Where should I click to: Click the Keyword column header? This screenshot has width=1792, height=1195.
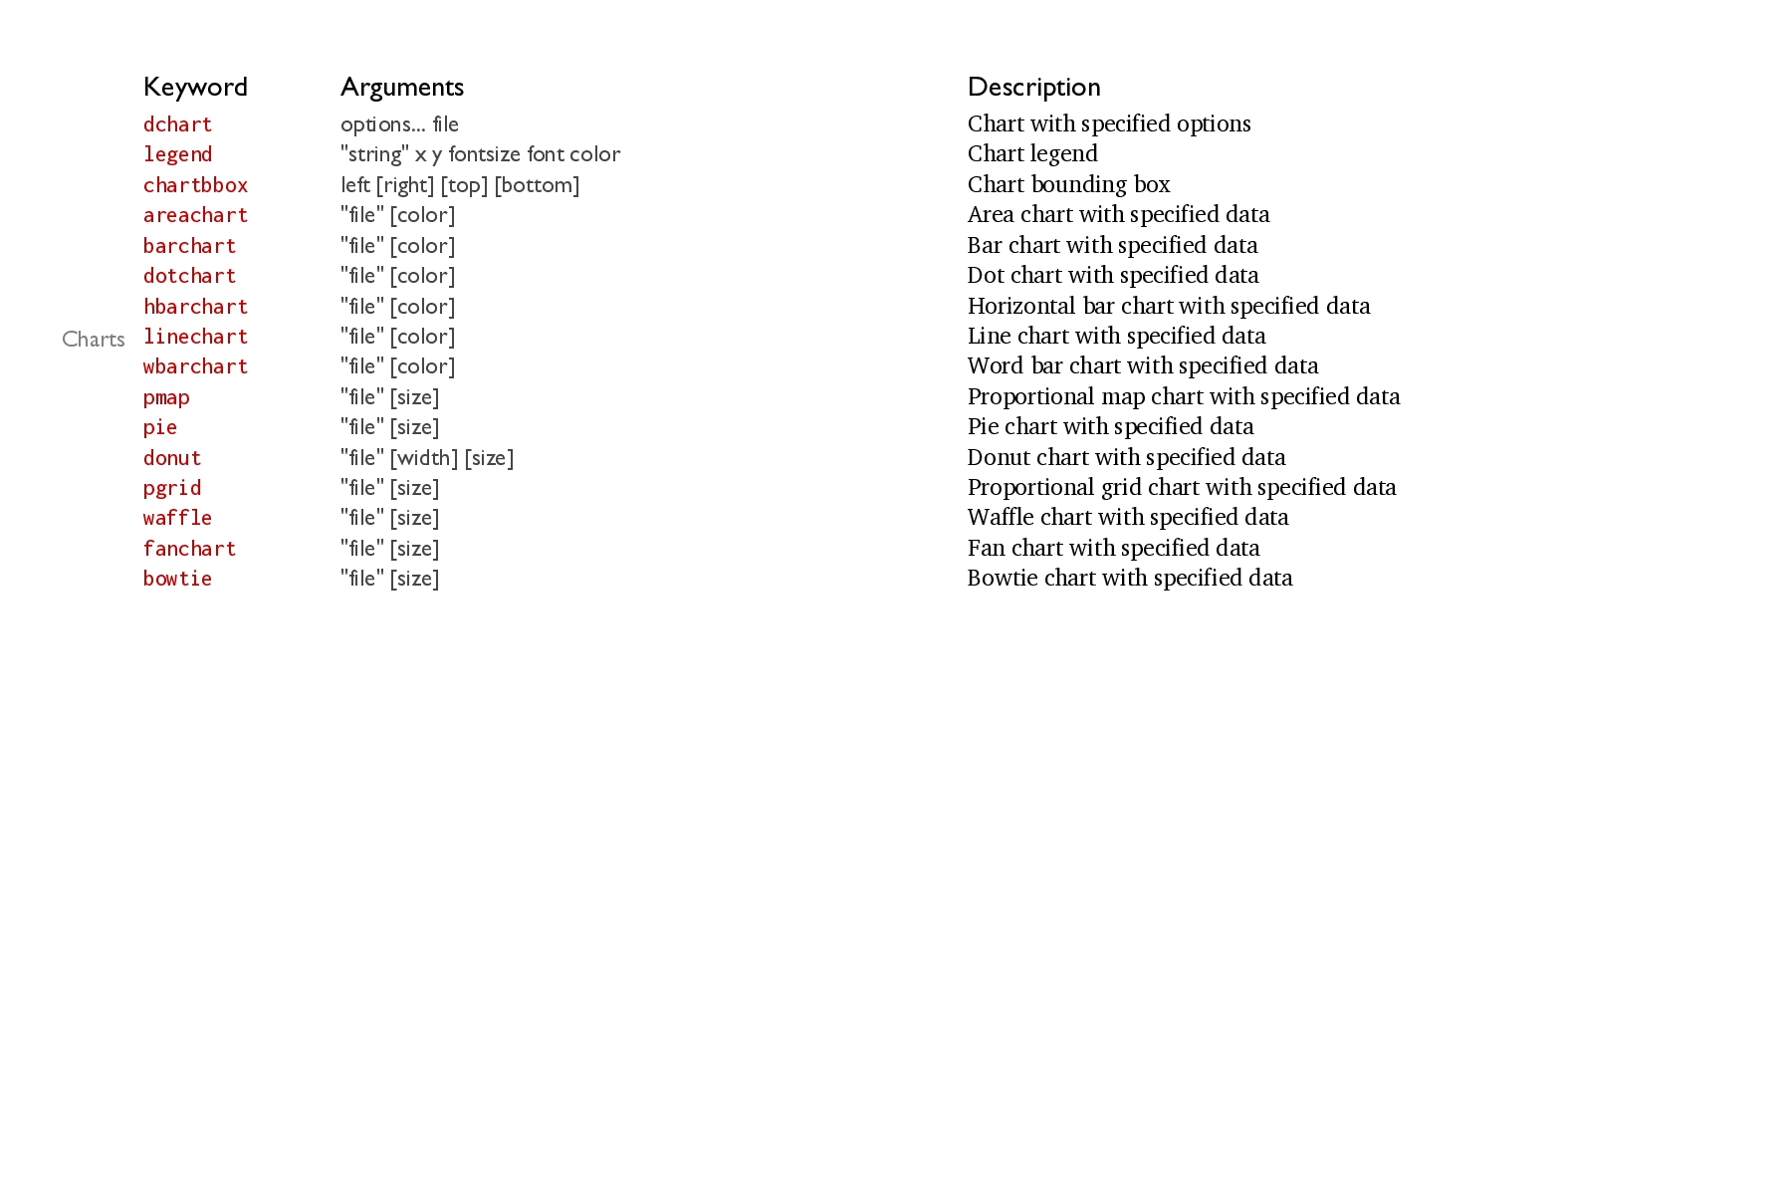[195, 88]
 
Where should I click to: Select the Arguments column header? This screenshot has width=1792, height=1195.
[402, 88]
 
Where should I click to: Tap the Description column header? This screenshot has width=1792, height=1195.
[1033, 88]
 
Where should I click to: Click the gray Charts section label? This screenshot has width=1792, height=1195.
[94, 340]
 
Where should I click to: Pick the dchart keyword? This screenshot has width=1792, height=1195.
[177, 124]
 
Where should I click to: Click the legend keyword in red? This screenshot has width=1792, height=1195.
[177, 154]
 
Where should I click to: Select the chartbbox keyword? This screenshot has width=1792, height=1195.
[195, 185]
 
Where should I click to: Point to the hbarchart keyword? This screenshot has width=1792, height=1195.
[195, 307]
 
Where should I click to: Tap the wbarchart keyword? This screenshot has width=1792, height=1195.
[195, 366]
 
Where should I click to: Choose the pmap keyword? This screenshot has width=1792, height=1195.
[166, 397]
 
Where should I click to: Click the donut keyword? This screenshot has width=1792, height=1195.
[172, 458]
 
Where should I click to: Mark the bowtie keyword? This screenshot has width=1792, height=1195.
[177, 579]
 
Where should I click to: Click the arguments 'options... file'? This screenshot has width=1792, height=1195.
[399, 124]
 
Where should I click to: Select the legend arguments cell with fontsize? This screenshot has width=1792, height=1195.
[480, 154]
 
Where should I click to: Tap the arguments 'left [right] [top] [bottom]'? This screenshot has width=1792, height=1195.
[460, 185]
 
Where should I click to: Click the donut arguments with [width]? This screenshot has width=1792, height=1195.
[427, 458]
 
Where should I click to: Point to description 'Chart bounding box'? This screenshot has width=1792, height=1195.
[1068, 184]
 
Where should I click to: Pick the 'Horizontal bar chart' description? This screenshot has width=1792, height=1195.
[1169, 306]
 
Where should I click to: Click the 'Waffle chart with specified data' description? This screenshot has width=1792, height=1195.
[1128, 517]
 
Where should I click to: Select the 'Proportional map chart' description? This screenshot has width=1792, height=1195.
[1184, 396]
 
